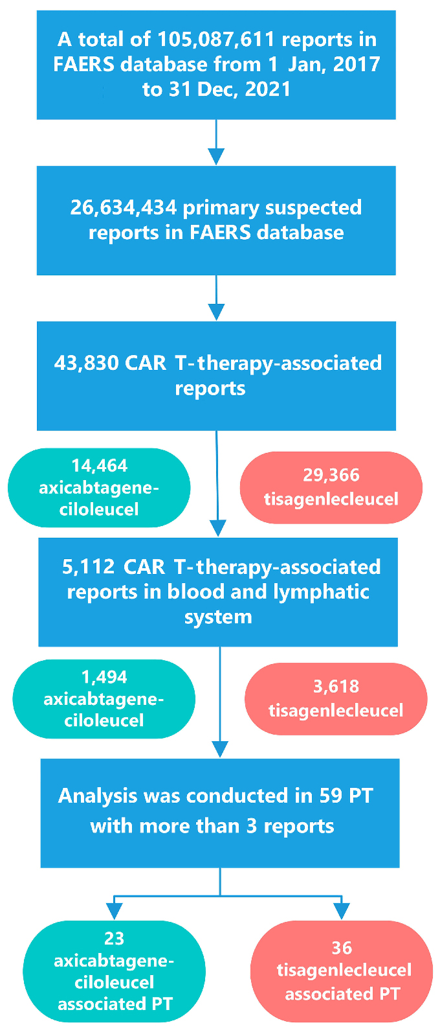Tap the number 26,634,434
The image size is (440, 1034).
124,208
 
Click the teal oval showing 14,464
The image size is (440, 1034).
99,487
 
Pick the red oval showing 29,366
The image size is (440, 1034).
331,487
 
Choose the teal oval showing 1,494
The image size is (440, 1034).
104,699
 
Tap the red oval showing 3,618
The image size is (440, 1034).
336,699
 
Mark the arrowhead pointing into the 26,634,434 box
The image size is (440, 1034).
216,156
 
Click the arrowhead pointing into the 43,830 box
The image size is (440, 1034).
216,312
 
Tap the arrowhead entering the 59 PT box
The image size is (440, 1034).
221,749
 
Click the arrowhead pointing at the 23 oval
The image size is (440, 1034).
115,911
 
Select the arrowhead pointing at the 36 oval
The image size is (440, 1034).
341,911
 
